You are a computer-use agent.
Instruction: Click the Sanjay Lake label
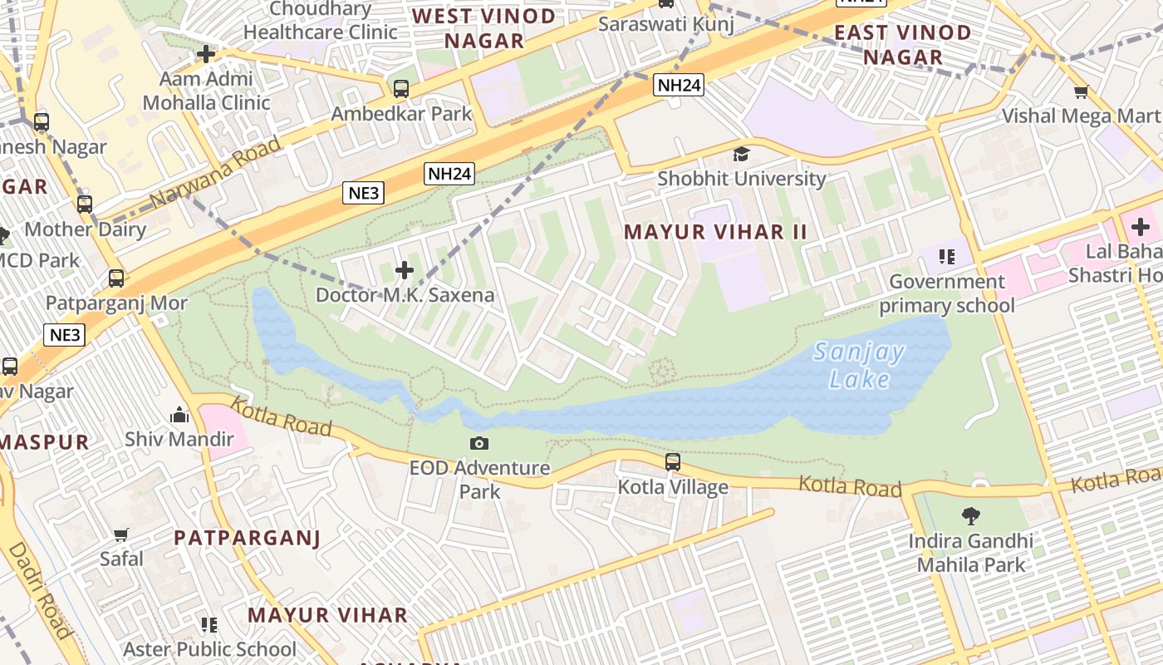pyautogui.click(x=859, y=366)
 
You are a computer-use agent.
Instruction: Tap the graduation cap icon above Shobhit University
pyautogui.click(x=741, y=154)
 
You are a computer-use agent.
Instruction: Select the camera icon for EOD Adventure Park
pyautogui.click(x=479, y=443)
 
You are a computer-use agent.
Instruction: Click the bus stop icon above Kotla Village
pyautogui.click(x=673, y=461)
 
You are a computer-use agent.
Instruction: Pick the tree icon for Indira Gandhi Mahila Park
pyautogui.click(x=970, y=516)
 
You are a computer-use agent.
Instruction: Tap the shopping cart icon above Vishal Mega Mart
pyautogui.click(x=1081, y=91)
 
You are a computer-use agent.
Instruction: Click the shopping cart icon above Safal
pyautogui.click(x=121, y=534)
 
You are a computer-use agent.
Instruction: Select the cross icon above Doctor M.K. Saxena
pyautogui.click(x=405, y=270)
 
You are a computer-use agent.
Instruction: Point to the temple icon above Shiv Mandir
pyautogui.click(x=179, y=414)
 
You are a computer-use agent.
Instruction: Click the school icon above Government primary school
pyautogui.click(x=946, y=257)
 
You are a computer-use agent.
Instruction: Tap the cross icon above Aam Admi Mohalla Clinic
pyautogui.click(x=205, y=55)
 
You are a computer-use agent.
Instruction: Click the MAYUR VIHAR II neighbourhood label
pyautogui.click(x=715, y=232)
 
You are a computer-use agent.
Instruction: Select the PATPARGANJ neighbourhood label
pyautogui.click(x=247, y=538)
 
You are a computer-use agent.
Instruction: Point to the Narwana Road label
pyautogui.click(x=215, y=173)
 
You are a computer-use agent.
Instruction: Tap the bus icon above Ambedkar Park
pyautogui.click(x=401, y=88)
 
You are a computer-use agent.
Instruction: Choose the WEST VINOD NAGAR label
pyautogui.click(x=484, y=28)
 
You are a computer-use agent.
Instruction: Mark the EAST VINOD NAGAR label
pyautogui.click(x=903, y=45)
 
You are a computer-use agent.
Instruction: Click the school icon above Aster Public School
pyautogui.click(x=209, y=624)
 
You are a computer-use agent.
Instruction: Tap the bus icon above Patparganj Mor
pyautogui.click(x=116, y=278)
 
